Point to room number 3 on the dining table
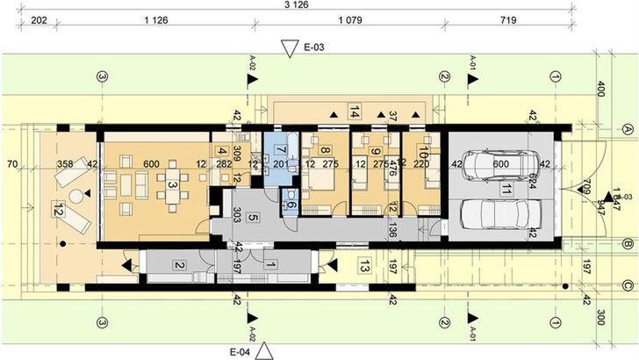tap(173, 185)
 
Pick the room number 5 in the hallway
tap(252, 217)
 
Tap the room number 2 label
tap(178, 265)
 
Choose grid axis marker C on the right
tap(627, 283)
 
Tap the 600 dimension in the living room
tap(151, 162)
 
